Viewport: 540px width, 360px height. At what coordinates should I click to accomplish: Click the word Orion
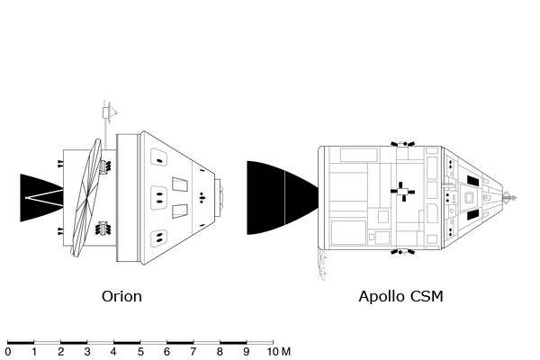click(121, 296)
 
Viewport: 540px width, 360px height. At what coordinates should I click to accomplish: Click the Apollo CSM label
click(400, 296)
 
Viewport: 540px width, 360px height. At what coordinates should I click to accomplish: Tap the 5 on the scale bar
click(140, 352)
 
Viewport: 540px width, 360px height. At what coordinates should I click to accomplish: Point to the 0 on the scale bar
click(8, 352)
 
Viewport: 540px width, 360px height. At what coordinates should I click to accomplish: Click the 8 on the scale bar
click(220, 352)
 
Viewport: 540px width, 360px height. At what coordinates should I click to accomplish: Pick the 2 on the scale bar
click(61, 352)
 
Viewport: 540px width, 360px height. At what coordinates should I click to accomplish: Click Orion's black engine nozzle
click(35, 197)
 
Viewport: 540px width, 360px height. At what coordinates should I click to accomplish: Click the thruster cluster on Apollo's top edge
click(402, 144)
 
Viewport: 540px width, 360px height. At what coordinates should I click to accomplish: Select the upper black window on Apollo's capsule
click(472, 181)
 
